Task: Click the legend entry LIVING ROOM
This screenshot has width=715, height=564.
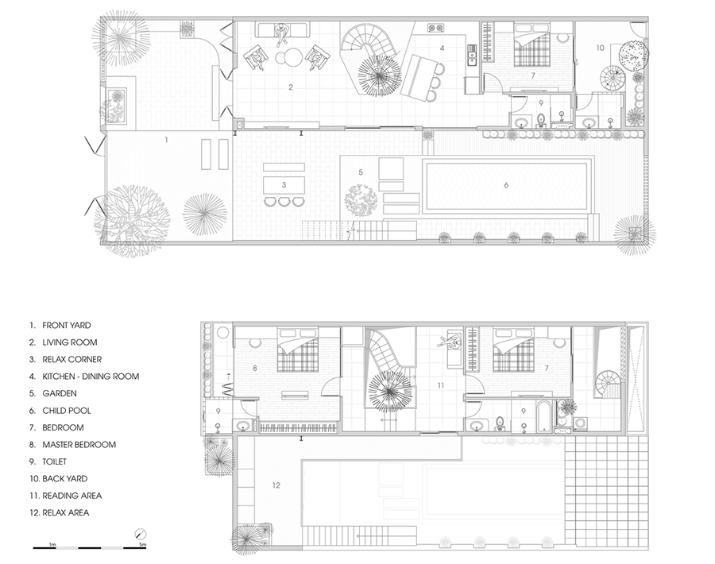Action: point(69,342)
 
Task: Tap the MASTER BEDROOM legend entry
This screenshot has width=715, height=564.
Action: point(79,445)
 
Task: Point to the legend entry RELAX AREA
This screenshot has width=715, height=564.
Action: point(66,513)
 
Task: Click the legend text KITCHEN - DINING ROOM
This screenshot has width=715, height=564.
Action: point(91,377)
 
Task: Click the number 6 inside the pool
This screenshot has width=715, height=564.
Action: point(506,185)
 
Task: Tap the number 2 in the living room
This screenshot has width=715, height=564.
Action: point(291,87)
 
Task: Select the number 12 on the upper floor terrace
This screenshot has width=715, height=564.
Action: point(276,485)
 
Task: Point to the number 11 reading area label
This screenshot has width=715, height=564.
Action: point(440,386)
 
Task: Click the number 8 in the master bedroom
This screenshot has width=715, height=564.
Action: point(254,368)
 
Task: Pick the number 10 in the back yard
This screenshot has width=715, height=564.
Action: point(600,48)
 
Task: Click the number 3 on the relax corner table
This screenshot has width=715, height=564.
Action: point(284,184)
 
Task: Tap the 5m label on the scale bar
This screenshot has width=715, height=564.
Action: point(143,544)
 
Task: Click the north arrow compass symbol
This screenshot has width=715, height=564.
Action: point(141,534)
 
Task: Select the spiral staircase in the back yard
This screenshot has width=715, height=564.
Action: point(612,78)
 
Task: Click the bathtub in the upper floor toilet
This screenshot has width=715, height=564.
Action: point(544,417)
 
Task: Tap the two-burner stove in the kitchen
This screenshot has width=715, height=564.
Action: point(435,29)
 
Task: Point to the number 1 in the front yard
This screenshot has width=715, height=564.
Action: point(166,140)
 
